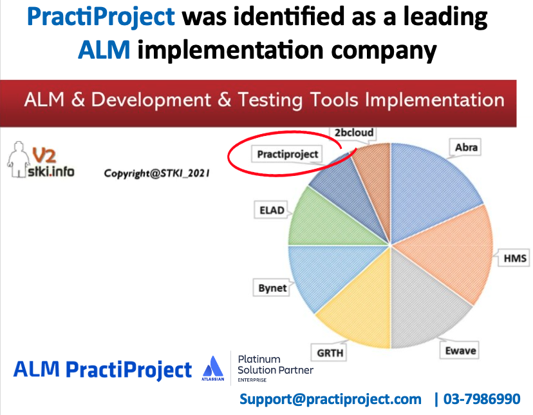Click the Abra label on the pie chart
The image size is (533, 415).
(x=466, y=148)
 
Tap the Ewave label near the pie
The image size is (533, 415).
(x=460, y=351)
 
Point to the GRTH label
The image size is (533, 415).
(x=330, y=353)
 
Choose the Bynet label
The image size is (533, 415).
(x=272, y=287)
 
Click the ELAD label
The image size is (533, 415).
(x=271, y=211)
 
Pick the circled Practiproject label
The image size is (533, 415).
(x=288, y=154)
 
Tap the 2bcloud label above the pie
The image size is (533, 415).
(x=353, y=133)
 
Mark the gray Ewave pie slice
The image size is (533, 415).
(x=418, y=303)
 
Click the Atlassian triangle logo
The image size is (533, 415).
(x=212, y=369)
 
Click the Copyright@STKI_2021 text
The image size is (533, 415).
(x=157, y=173)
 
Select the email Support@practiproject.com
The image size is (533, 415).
(x=331, y=399)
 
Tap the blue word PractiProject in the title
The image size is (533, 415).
(x=101, y=17)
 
